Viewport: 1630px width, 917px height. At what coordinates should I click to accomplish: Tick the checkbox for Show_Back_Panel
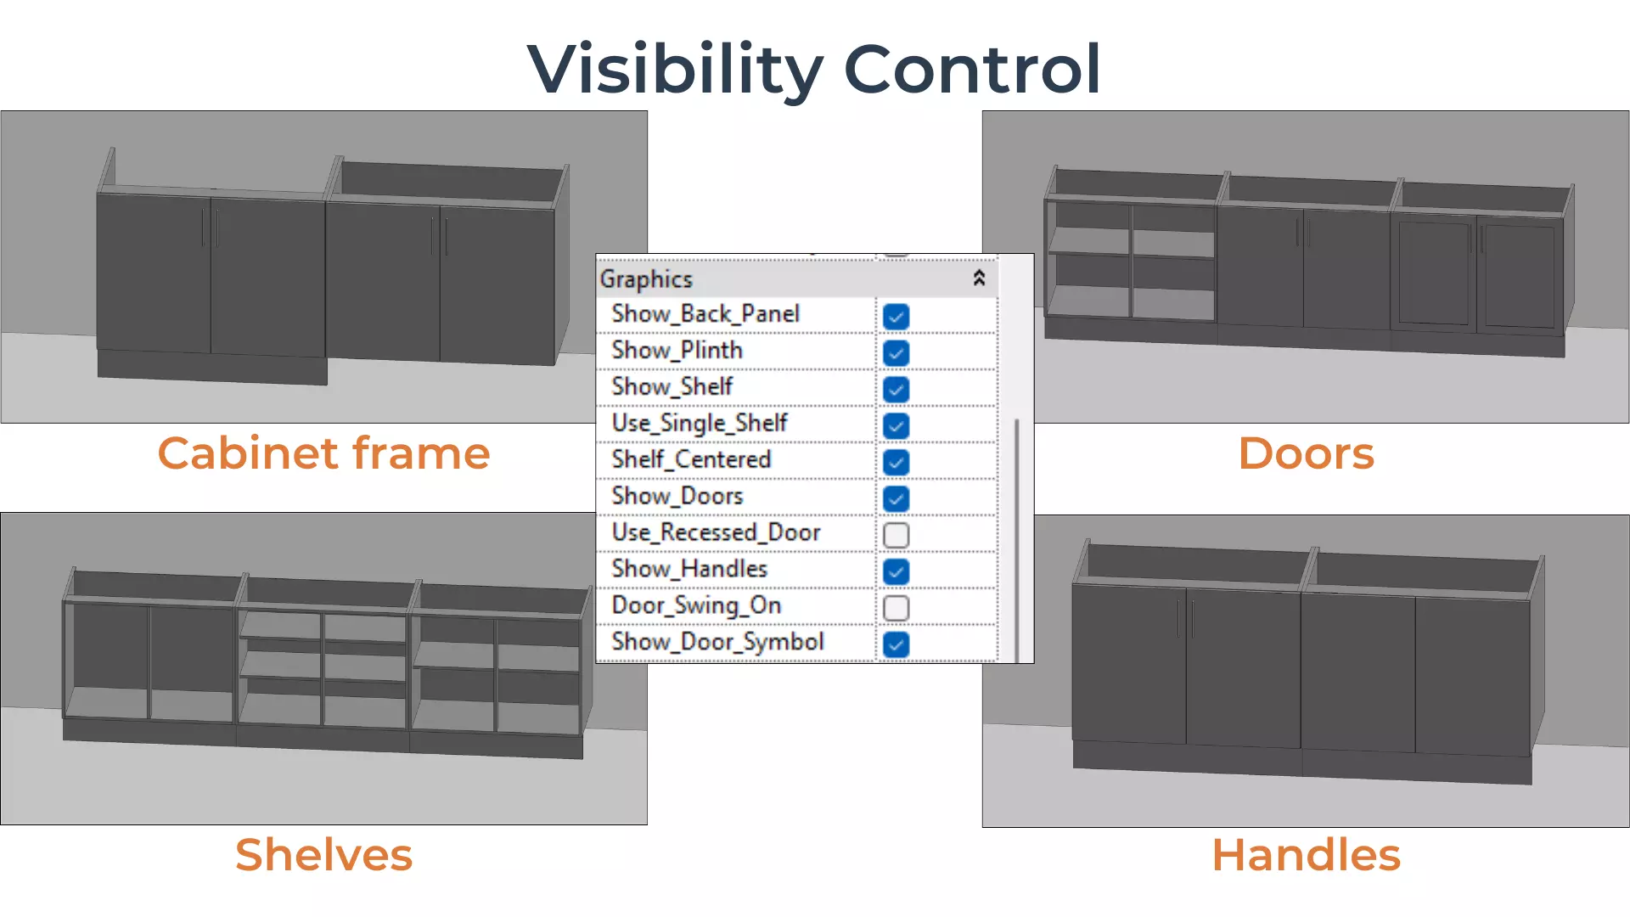point(896,317)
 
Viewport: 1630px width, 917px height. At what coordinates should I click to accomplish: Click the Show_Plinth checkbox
point(896,353)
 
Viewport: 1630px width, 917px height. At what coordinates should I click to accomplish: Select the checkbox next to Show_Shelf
point(896,390)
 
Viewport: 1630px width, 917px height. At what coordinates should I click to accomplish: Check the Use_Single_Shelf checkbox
point(896,426)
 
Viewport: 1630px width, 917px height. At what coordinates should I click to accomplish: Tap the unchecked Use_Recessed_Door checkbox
point(896,536)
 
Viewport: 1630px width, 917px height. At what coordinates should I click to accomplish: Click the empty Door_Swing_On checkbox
point(896,609)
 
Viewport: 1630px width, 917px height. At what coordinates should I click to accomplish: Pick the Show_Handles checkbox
point(896,572)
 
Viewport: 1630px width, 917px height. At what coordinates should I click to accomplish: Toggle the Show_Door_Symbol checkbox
point(896,645)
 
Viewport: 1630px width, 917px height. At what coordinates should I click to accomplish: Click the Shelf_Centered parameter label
point(691,459)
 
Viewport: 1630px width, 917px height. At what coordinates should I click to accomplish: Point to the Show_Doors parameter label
point(677,496)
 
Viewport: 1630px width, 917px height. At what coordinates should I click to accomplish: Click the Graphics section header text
point(646,279)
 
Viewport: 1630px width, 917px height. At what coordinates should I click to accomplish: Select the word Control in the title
point(972,70)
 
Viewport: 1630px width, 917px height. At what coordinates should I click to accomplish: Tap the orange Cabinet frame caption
point(323,453)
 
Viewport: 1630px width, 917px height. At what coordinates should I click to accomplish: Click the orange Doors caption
point(1306,453)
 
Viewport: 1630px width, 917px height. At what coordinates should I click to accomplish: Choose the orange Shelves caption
point(323,855)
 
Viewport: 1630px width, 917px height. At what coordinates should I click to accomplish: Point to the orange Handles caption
point(1306,855)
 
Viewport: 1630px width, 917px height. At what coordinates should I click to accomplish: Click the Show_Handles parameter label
point(689,569)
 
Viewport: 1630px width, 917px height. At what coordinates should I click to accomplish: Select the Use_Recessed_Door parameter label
point(716,532)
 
